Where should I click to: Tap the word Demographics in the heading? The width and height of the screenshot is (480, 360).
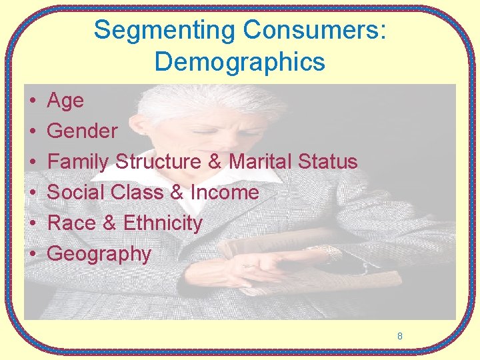pyautogui.click(x=239, y=62)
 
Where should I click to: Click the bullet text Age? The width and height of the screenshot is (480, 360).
pyautogui.click(x=65, y=101)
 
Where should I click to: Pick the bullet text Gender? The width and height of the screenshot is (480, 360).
pyautogui.click(x=82, y=131)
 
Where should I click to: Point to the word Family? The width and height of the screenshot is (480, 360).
pyautogui.click(x=79, y=162)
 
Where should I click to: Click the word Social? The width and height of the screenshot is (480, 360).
pyautogui.click(x=79, y=193)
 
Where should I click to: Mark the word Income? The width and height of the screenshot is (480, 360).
pyautogui.click(x=225, y=193)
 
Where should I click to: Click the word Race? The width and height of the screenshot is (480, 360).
pyautogui.click(x=72, y=223)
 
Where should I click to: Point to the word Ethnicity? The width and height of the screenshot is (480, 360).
pyautogui.click(x=163, y=223)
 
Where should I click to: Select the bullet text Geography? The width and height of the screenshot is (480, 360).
pyautogui.click(x=99, y=254)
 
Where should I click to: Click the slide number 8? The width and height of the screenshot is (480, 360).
pyautogui.click(x=399, y=336)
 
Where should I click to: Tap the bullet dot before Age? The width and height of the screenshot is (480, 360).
pyautogui.click(x=32, y=101)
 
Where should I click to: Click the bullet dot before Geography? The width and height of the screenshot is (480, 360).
pyautogui.click(x=32, y=255)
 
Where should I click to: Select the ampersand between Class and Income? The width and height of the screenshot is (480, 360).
pyautogui.click(x=177, y=193)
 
